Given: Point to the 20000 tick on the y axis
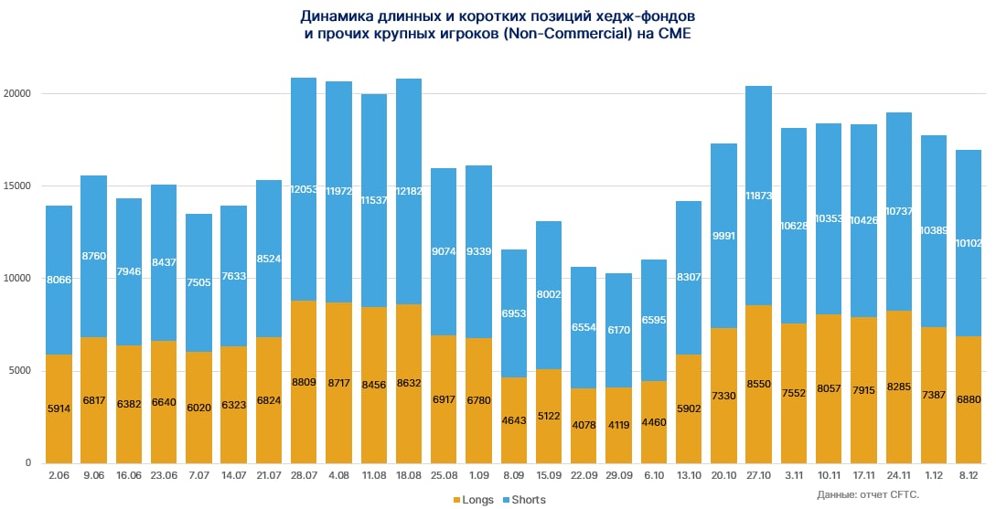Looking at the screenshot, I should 16,93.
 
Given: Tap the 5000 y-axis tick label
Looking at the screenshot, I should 19,371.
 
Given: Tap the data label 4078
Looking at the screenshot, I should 584,426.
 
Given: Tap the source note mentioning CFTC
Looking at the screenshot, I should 867,494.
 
